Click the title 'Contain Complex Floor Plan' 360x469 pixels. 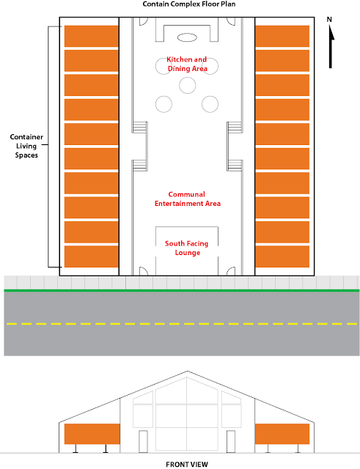(189, 4)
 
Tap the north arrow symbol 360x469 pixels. (331, 43)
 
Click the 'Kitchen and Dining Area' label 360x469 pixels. (187, 64)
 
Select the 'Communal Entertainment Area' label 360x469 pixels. (187, 199)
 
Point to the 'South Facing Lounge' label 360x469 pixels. (187, 248)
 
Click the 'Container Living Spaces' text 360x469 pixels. (26, 146)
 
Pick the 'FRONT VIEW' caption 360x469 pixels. (187, 464)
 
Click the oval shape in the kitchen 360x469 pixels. (187, 37)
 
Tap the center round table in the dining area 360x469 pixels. (188, 85)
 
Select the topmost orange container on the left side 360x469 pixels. (91, 36)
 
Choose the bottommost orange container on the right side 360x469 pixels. (282, 256)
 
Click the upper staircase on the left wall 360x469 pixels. (140, 127)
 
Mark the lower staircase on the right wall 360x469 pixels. (235, 166)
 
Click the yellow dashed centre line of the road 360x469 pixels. (182, 324)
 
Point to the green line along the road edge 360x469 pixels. (182, 290)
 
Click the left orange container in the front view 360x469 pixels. (92, 434)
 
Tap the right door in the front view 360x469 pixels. (231, 441)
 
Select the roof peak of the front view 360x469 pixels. (187, 372)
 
